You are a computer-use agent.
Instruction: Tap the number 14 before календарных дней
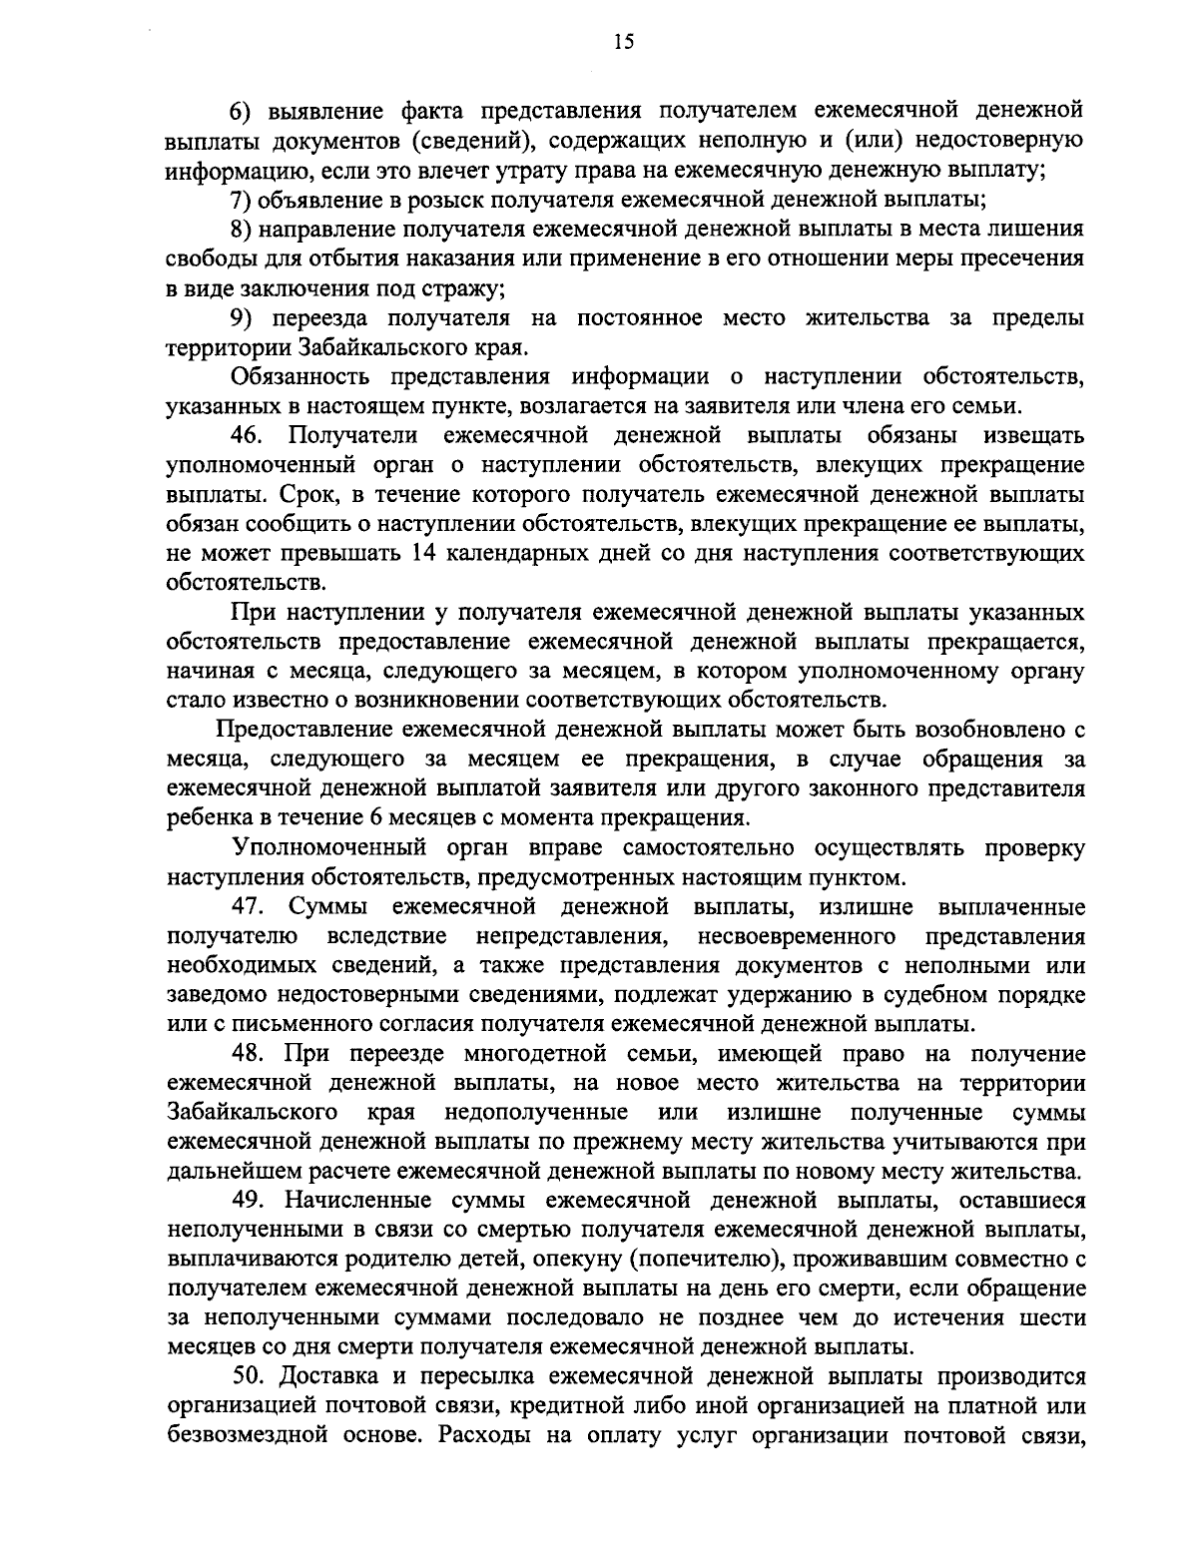[x=424, y=555]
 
